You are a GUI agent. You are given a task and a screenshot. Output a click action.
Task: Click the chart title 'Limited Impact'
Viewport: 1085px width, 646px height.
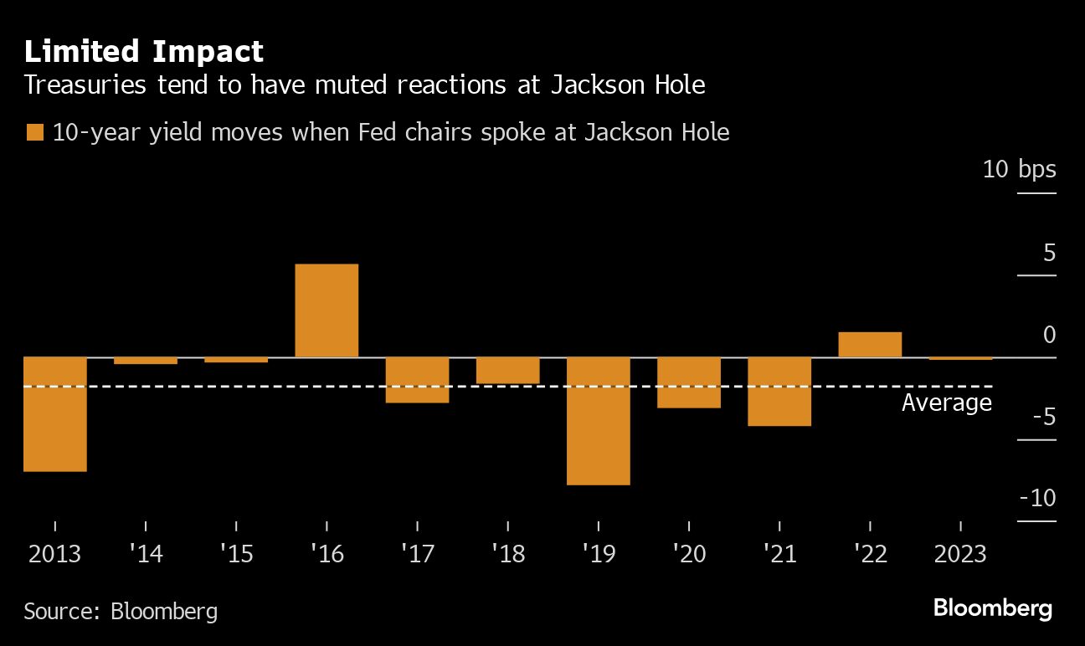point(143,52)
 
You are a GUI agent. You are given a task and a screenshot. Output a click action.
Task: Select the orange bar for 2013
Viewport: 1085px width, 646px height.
point(55,414)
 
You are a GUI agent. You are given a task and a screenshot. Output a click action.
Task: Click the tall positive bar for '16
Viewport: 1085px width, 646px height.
point(327,310)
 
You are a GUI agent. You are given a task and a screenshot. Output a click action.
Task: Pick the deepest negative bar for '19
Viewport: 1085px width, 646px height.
point(598,421)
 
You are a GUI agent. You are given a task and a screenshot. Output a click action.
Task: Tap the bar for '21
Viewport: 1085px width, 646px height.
point(779,392)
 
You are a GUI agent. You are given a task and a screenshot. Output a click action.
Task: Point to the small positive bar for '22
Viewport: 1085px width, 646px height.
point(870,345)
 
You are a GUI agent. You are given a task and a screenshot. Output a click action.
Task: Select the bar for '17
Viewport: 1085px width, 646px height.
point(417,380)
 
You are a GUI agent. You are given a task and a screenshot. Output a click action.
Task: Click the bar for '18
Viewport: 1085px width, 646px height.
point(507,370)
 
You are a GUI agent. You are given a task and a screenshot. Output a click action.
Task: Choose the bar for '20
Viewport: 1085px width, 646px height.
point(688,382)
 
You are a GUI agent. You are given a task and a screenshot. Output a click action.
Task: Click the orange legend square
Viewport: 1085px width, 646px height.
point(34,132)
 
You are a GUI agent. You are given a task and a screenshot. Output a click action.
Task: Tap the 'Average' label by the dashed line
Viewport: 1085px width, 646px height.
point(946,403)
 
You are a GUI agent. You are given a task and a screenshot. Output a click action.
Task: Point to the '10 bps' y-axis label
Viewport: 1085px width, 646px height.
point(1019,169)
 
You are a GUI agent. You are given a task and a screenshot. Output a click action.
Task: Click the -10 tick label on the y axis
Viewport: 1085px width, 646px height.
point(1037,498)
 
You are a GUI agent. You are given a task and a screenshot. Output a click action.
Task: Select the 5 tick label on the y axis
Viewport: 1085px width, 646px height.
point(1049,252)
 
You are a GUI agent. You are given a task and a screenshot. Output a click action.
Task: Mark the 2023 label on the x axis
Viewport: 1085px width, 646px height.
point(960,555)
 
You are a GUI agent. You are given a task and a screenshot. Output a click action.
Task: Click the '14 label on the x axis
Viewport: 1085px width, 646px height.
point(146,555)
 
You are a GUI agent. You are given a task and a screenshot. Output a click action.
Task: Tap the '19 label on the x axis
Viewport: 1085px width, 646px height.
point(598,555)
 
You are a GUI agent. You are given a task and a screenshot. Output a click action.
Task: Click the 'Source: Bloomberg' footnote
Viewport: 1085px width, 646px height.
point(121,611)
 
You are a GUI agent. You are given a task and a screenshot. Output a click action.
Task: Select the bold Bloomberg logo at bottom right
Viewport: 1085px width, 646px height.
point(992,608)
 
